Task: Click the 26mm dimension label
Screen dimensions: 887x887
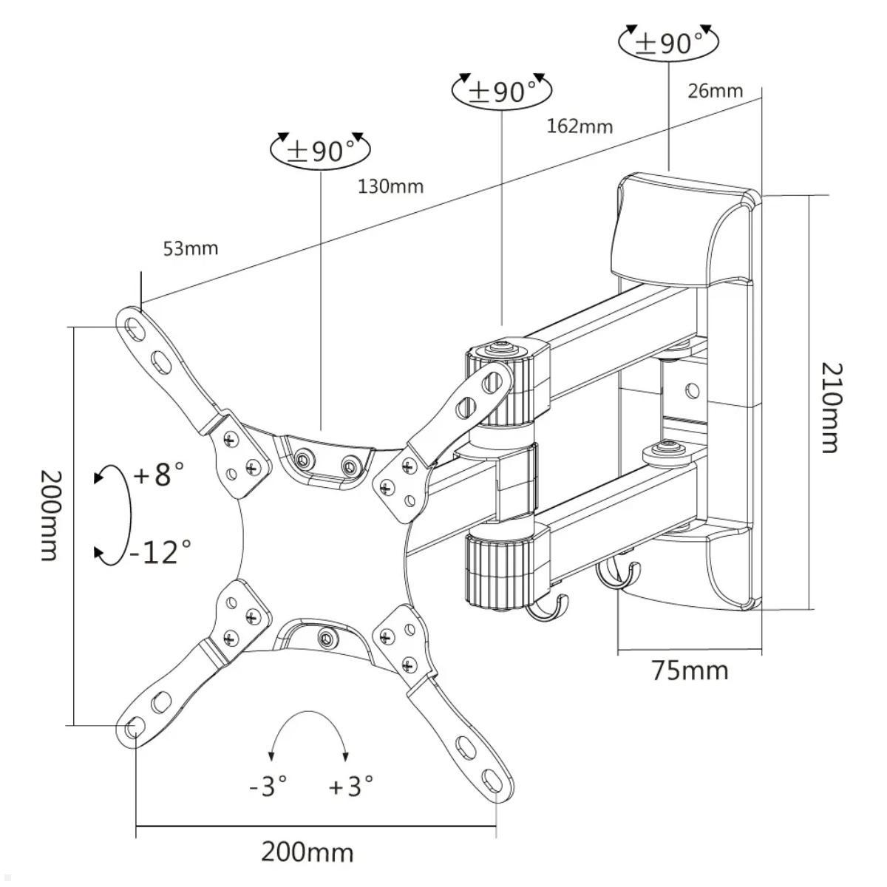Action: coord(715,91)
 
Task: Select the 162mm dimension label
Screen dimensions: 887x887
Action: coord(580,126)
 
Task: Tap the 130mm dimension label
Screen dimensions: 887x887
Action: coord(391,186)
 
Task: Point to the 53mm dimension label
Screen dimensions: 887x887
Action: coord(191,248)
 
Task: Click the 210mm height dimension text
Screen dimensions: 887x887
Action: coord(830,407)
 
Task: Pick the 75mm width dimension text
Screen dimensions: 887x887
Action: coord(689,670)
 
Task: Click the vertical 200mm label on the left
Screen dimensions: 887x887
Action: coord(48,514)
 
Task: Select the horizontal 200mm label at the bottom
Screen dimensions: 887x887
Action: coord(307,852)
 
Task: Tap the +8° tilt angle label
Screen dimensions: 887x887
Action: coord(158,474)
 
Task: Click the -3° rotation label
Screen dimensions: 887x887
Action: coord(268,785)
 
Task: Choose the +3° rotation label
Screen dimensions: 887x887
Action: coord(351,785)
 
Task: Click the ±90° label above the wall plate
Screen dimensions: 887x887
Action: coord(668,43)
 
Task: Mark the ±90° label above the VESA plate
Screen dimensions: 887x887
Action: coord(321,151)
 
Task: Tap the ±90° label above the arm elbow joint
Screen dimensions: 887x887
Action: coord(501,92)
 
